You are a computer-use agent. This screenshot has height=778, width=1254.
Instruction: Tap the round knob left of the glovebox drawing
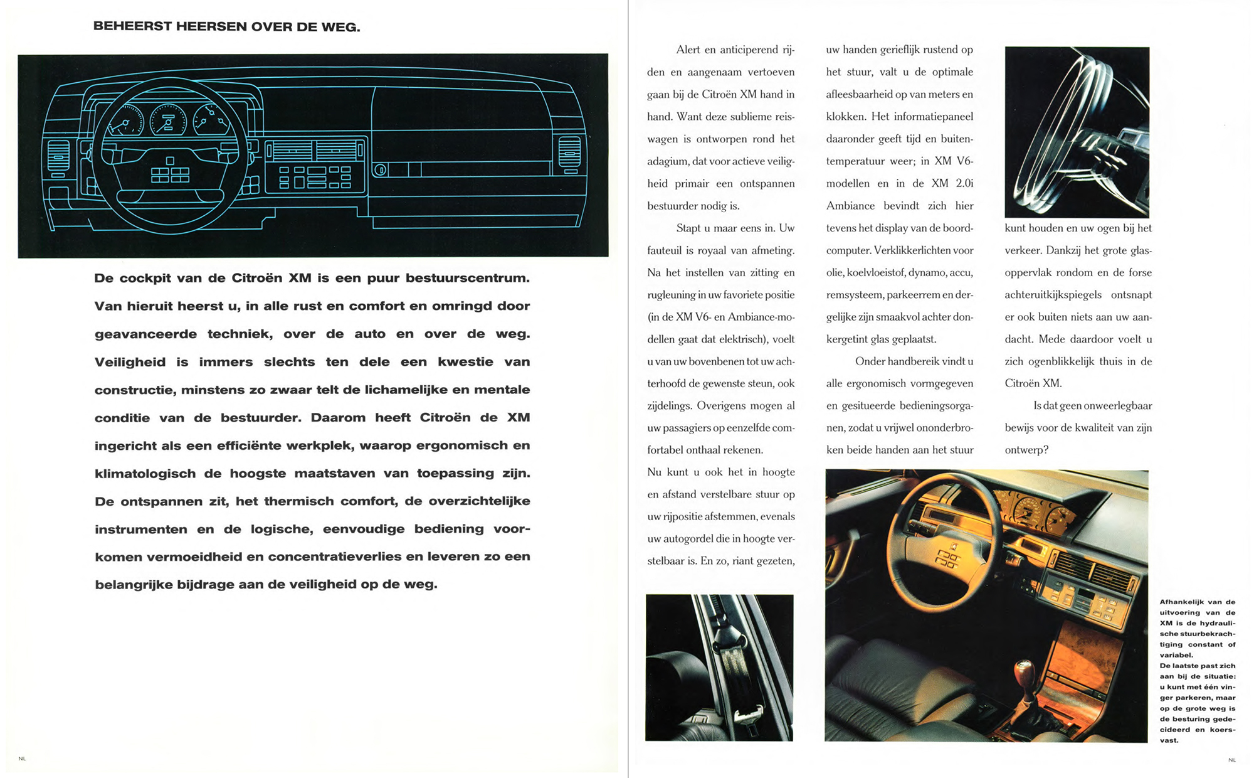tap(379, 169)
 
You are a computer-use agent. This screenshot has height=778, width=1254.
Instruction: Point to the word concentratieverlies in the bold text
tap(334, 557)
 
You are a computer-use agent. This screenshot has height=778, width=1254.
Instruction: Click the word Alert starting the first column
tap(688, 50)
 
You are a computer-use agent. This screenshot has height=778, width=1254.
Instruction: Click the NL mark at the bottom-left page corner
tap(22, 759)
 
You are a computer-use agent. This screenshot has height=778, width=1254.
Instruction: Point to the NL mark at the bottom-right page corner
tap(1231, 760)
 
